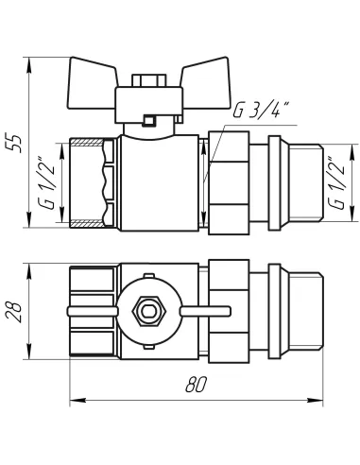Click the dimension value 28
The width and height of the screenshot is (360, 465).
(x=14, y=312)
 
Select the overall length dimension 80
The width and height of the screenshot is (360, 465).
(x=196, y=385)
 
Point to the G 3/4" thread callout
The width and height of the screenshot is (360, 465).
(x=256, y=110)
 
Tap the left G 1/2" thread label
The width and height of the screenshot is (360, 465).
(x=47, y=182)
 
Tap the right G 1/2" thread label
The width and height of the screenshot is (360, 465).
(x=335, y=182)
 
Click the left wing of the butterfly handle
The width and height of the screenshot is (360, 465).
(x=92, y=83)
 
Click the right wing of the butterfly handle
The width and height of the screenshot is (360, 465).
(x=205, y=83)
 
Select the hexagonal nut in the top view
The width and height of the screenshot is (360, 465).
(x=149, y=311)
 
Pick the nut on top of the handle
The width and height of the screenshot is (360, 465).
(x=149, y=80)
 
